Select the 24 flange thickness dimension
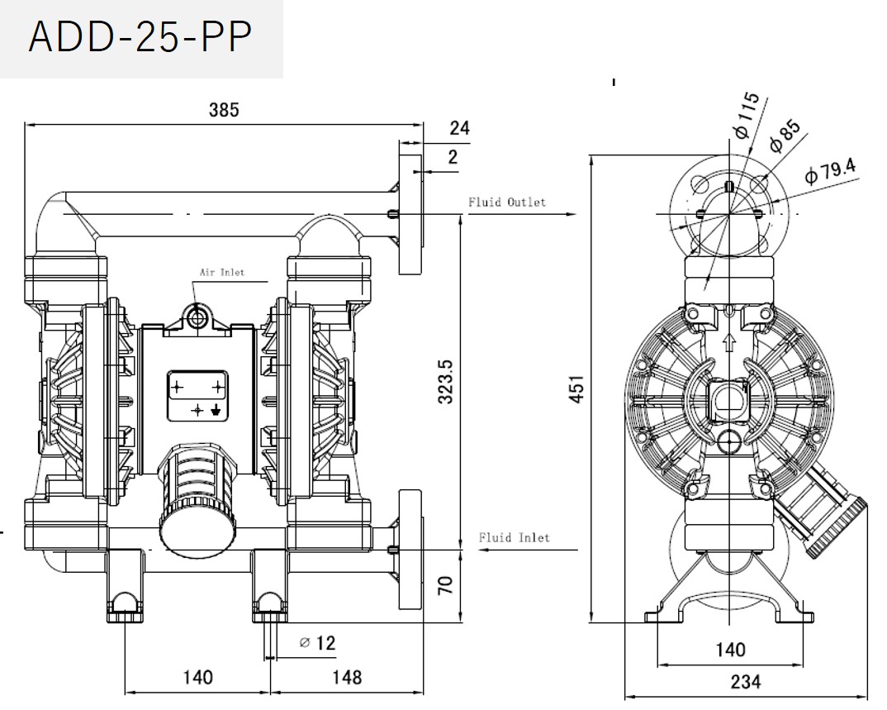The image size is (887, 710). click(459, 128)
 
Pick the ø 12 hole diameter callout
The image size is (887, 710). click(317, 642)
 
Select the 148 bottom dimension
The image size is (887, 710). click(347, 678)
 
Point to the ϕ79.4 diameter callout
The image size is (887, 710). click(830, 172)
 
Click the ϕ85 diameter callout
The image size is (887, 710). click(785, 137)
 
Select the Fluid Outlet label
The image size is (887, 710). click(507, 202)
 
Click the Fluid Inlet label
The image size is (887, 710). click(515, 538)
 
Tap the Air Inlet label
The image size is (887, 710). click(221, 271)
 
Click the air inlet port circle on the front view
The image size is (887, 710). click(197, 316)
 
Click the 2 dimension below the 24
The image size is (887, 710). click(453, 156)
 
